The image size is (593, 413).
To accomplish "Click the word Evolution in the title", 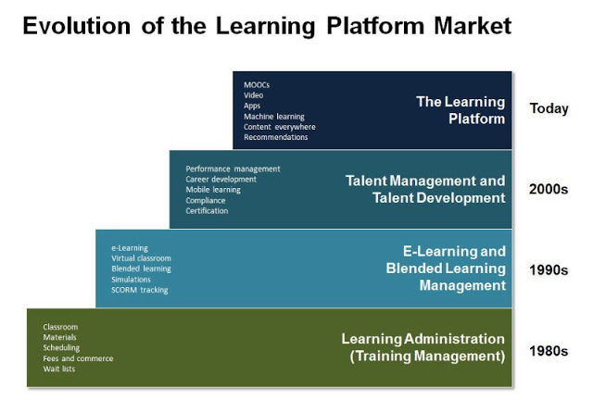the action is (x=77, y=26).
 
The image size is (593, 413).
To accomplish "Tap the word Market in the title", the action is (x=473, y=26).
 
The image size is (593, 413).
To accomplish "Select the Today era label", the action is (x=549, y=108).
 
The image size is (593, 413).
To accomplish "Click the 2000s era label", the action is (x=549, y=189).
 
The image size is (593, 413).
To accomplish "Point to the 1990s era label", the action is (x=549, y=269).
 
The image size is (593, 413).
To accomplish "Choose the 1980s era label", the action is (x=549, y=351).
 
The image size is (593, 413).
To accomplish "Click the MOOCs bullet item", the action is (x=257, y=85).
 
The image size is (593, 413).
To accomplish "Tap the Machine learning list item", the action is (x=274, y=117).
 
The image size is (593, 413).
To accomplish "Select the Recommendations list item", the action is (x=276, y=137).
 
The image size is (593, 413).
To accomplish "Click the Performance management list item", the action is (x=233, y=169).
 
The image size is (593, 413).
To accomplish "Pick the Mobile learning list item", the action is (x=213, y=190).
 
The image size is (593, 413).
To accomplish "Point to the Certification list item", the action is (x=207, y=211).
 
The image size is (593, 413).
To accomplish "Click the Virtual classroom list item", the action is (x=141, y=258).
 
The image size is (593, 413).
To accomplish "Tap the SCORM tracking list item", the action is (x=140, y=290).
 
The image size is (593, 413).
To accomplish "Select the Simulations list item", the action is (x=131, y=280).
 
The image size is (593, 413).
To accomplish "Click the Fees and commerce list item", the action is (x=78, y=358).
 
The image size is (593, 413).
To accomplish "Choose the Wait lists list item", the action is (x=59, y=369).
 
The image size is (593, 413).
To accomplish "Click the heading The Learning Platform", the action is (x=461, y=110).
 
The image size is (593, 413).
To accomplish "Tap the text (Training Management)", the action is (x=427, y=357).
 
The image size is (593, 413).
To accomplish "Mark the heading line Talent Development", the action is (x=438, y=198).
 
